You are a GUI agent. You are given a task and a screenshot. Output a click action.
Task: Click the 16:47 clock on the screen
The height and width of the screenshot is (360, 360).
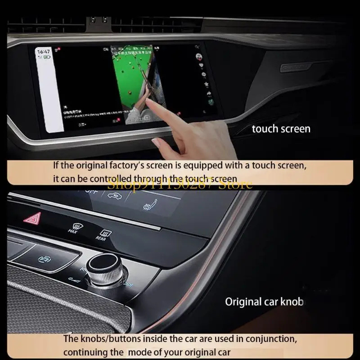point(44,52)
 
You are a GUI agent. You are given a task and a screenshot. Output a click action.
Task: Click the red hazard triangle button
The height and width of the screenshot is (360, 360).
point(32,220)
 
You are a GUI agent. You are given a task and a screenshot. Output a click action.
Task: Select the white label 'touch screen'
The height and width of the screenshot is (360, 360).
point(281,129)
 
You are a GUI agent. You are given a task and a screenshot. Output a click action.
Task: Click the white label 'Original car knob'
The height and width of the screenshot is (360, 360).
point(264,301)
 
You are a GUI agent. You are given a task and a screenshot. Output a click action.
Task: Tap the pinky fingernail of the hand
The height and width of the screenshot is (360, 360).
point(156,143)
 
